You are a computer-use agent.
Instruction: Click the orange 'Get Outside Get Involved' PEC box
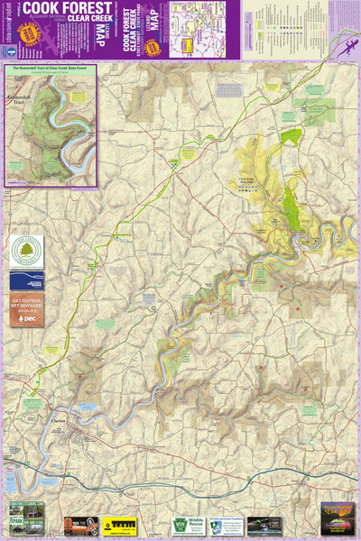(26, 309)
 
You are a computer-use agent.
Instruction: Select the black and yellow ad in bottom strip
(118, 525)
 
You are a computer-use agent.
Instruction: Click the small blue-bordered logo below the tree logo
(26, 280)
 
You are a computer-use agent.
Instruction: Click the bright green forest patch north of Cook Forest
(290, 137)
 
